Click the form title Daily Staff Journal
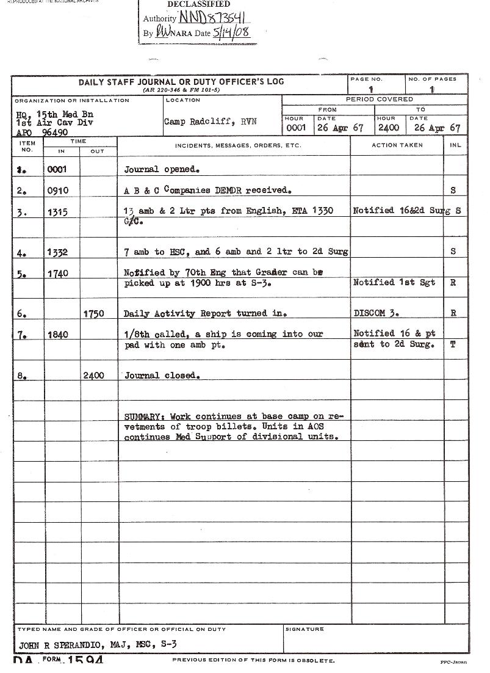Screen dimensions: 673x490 [181, 82]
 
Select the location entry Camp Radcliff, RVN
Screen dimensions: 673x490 [210, 122]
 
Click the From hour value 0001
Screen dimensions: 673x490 [297, 128]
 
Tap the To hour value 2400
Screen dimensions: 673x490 [389, 128]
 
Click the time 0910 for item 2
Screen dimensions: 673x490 [58, 191]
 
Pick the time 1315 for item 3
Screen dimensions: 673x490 [58, 212]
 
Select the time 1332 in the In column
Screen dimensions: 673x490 [58, 252]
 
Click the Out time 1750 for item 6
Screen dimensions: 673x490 [93, 314]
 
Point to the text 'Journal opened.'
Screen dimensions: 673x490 [162, 169]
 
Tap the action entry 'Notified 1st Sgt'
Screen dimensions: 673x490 [394, 283]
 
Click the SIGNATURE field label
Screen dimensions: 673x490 [304, 629]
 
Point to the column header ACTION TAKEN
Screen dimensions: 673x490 [397, 145]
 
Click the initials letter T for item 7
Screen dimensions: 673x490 [453, 344]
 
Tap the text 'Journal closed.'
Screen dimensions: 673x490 [162, 376]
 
